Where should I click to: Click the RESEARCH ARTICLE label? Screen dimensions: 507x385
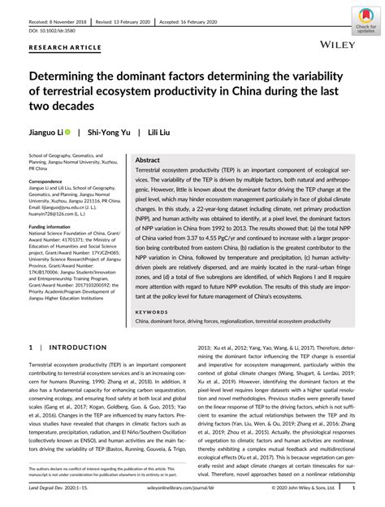coord(59,47)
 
